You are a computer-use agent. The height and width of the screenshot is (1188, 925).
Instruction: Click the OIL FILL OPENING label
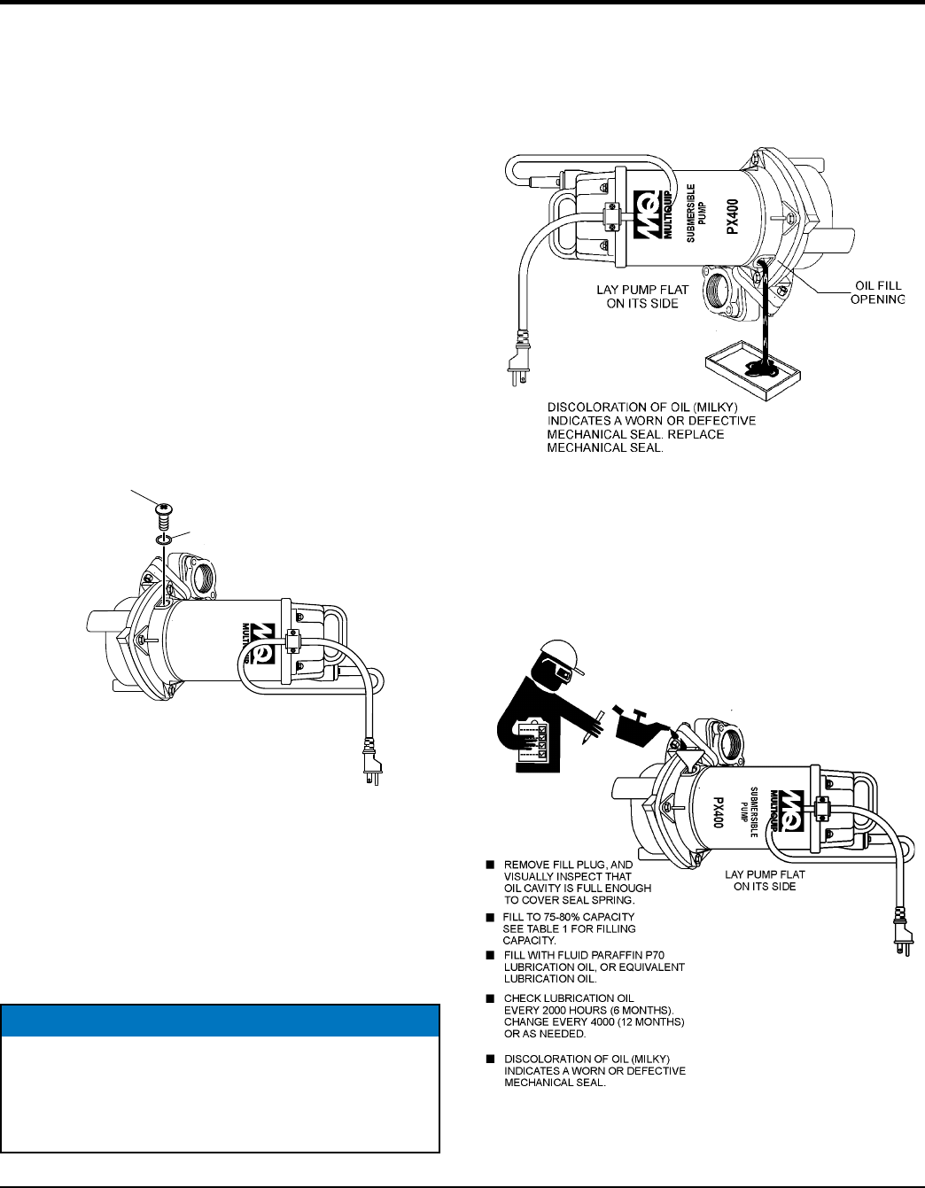pos(877,292)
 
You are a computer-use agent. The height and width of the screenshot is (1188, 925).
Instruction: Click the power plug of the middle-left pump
pos(373,763)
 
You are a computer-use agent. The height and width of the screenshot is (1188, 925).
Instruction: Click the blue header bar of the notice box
pos(221,1021)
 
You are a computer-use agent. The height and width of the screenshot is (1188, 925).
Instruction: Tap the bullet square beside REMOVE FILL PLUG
pos(488,865)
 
